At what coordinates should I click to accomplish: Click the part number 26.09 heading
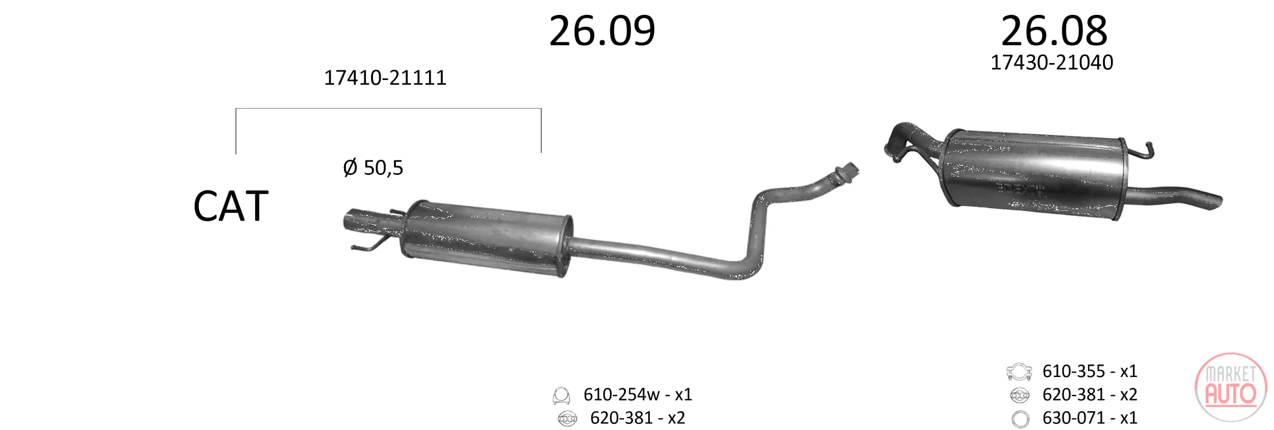tap(602, 31)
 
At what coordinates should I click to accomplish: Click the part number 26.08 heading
tap(1054, 31)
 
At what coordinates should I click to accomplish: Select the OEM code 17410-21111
tap(385, 78)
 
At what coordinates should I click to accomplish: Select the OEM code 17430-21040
tap(1052, 63)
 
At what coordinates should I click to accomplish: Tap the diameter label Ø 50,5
tap(373, 168)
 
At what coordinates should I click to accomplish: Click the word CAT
tap(231, 206)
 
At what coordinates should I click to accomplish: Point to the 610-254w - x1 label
tap(638, 394)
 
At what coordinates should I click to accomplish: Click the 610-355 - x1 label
tap(1090, 371)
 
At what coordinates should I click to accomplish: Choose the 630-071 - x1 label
tap(1090, 418)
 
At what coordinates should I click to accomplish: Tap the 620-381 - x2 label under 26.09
tap(638, 418)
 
